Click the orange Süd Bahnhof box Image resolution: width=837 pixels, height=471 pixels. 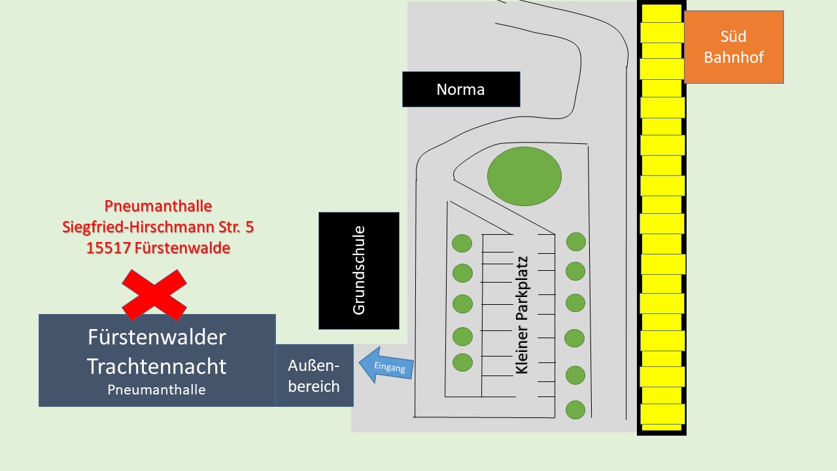[734, 47]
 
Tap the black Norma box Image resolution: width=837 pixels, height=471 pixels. [461, 89]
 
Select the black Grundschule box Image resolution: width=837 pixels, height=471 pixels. [358, 270]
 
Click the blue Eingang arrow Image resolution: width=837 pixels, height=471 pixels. [386, 366]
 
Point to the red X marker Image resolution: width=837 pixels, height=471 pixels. [154, 294]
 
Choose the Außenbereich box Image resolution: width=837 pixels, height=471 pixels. [314, 375]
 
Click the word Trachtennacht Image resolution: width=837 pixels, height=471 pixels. [157, 366]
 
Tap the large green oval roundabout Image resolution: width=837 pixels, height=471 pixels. [524, 176]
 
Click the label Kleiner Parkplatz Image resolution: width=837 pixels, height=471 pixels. [521, 315]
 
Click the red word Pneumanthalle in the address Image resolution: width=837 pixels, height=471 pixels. [158, 206]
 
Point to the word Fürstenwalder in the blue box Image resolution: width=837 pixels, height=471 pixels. [157, 338]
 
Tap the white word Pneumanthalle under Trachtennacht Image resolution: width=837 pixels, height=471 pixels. [157, 390]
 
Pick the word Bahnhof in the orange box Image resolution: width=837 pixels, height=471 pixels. [734, 57]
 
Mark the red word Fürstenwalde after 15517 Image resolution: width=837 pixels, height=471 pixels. [179, 249]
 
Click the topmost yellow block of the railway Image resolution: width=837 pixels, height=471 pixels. [661, 13]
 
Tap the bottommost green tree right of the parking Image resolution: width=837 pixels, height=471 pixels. [575, 410]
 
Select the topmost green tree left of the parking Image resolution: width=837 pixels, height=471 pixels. [462, 243]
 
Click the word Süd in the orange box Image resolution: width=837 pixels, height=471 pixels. [734, 37]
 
